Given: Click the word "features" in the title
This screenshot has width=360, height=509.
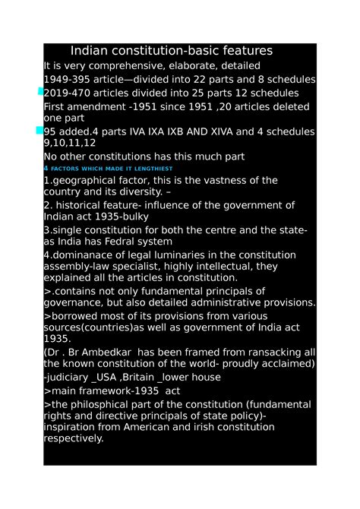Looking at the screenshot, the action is pyautogui.click(x=238, y=52).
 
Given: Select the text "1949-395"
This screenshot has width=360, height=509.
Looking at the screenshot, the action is pyautogui.click(x=68, y=80).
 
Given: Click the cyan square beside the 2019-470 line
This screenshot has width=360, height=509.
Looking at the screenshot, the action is pyautogui.click(x=40, y=92).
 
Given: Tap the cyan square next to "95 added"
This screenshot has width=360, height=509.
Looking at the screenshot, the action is pyautogui.click(x=40, y=131).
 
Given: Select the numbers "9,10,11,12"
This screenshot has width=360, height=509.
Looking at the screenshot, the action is pyautogui.click(x=70, y=143).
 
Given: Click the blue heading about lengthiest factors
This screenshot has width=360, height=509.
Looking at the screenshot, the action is pyautogui.click(x=109, y=168).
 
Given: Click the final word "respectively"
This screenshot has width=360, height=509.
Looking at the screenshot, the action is pyautogui.click(x=74, y=439).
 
